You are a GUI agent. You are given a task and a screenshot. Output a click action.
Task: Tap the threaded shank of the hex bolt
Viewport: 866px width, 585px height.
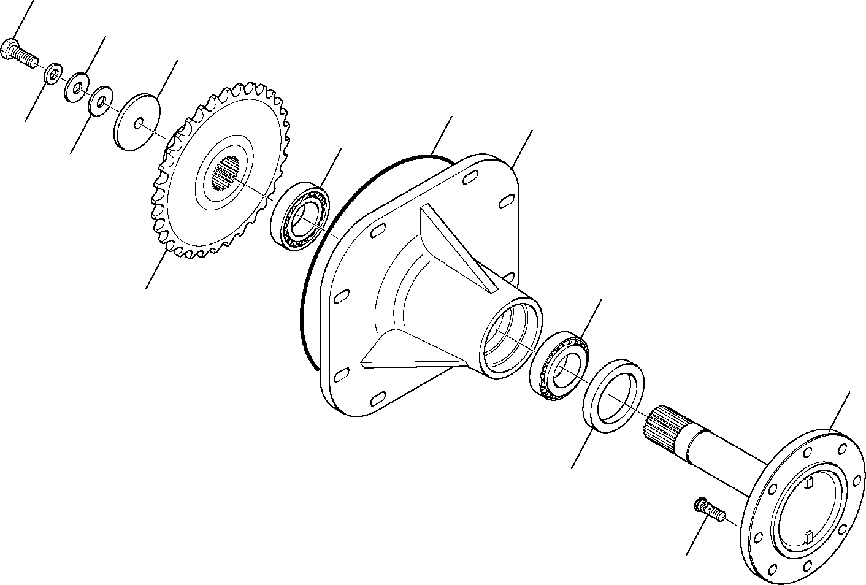click(x=28, y=59)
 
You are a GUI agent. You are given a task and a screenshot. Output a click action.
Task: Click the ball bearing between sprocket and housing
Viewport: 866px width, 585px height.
click(x=300, y=215)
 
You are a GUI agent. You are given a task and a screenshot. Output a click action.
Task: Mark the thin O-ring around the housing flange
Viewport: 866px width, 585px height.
click(x=305, y=307)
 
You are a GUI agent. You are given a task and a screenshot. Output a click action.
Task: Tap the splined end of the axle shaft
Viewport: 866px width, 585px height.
click(x=665, y=424)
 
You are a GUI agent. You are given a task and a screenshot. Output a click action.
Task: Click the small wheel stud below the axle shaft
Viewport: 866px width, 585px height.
click(x=708, y=510)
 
